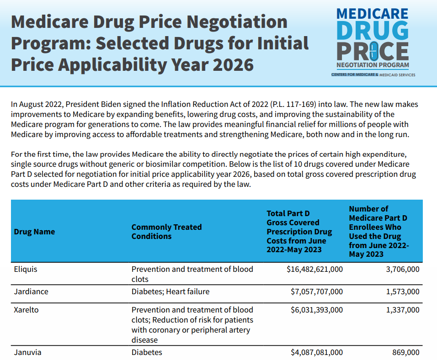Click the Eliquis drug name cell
(x=26, y=269)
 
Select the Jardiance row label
(x=31, y=291)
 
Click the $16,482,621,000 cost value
(x=314, y=269)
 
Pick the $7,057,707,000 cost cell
(x=316, y=291)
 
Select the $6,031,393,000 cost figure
(x=316, y=310)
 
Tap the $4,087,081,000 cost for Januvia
(x=316, y=352)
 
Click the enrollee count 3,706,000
(x=402, y=269)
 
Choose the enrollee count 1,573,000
(x=402, y=291)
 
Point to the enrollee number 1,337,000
(x=402, y=310)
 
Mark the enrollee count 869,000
(x=406, y=352)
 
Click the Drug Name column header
(x=34, y=232)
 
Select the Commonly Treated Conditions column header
(x=166, y=232)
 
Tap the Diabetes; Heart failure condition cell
(x=171, y=291)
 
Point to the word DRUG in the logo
(x=372, y=31)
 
